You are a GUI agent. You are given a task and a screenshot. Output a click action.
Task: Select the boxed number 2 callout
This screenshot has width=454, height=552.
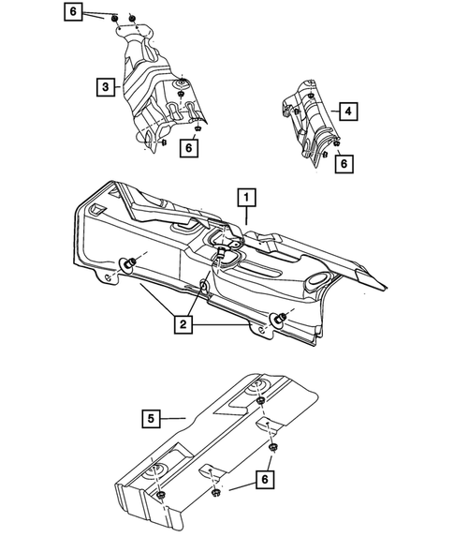(x=183, y=325)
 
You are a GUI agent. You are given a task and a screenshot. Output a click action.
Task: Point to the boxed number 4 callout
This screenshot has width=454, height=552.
(x=347, y=112)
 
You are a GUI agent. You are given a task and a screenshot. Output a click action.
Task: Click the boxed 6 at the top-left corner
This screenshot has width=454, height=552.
(x=74, y=12)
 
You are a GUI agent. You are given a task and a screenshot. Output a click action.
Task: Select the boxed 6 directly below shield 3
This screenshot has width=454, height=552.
(x=189, y=148)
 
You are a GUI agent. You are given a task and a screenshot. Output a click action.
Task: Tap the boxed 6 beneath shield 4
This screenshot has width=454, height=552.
(x=345, y=162)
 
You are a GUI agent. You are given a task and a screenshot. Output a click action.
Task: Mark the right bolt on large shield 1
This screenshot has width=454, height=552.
(x=278, y=319)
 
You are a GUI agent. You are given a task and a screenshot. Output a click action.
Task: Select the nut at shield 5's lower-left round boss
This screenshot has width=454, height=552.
(x=161, y=494)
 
